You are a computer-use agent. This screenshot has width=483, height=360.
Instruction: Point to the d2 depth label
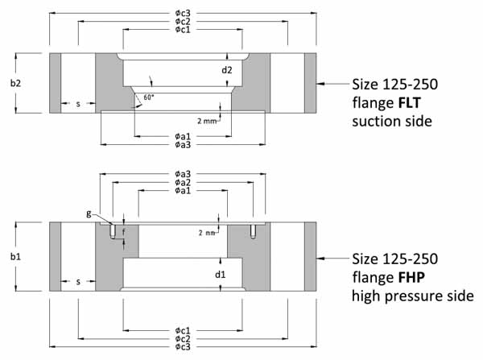point(228,70)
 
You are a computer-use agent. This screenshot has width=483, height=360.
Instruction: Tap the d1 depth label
point(228,274)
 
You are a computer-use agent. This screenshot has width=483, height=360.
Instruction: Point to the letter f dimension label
point(123,231)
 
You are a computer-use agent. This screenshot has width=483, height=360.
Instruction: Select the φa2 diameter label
point(182,182)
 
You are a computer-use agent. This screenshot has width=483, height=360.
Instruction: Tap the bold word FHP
point(410,278)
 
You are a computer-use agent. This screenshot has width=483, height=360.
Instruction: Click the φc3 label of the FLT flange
point(182,14)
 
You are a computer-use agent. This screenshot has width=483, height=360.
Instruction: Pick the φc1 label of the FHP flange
point(182,330)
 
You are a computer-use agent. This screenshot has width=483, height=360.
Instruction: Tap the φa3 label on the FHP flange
point(182,173)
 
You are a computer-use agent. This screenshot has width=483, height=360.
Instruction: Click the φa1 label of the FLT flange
point(182,136)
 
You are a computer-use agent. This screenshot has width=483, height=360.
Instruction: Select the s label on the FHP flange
point(78,281)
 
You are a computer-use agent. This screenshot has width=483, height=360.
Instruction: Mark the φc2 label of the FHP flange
point(182,338)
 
